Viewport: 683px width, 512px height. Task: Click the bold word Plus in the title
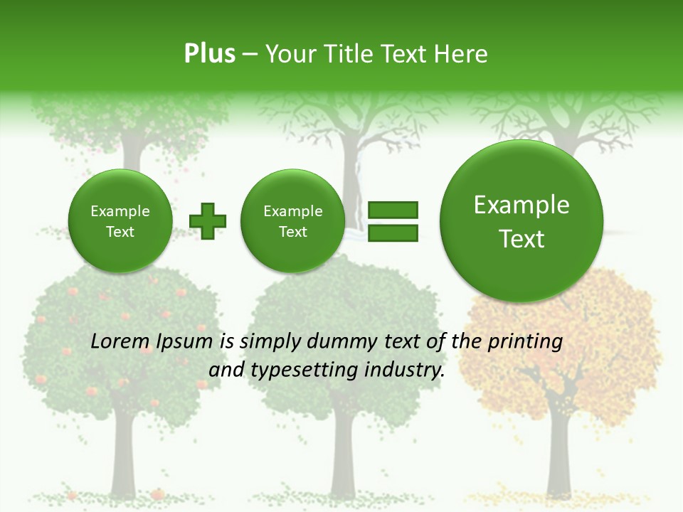209,54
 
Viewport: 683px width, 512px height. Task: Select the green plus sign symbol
207,221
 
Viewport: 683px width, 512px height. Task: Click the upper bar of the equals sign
393,210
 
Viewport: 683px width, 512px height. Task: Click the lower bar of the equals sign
393,233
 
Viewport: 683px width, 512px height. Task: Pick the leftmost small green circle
120,221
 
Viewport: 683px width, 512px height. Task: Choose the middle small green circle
292,221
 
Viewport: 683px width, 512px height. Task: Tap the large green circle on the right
521,221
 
